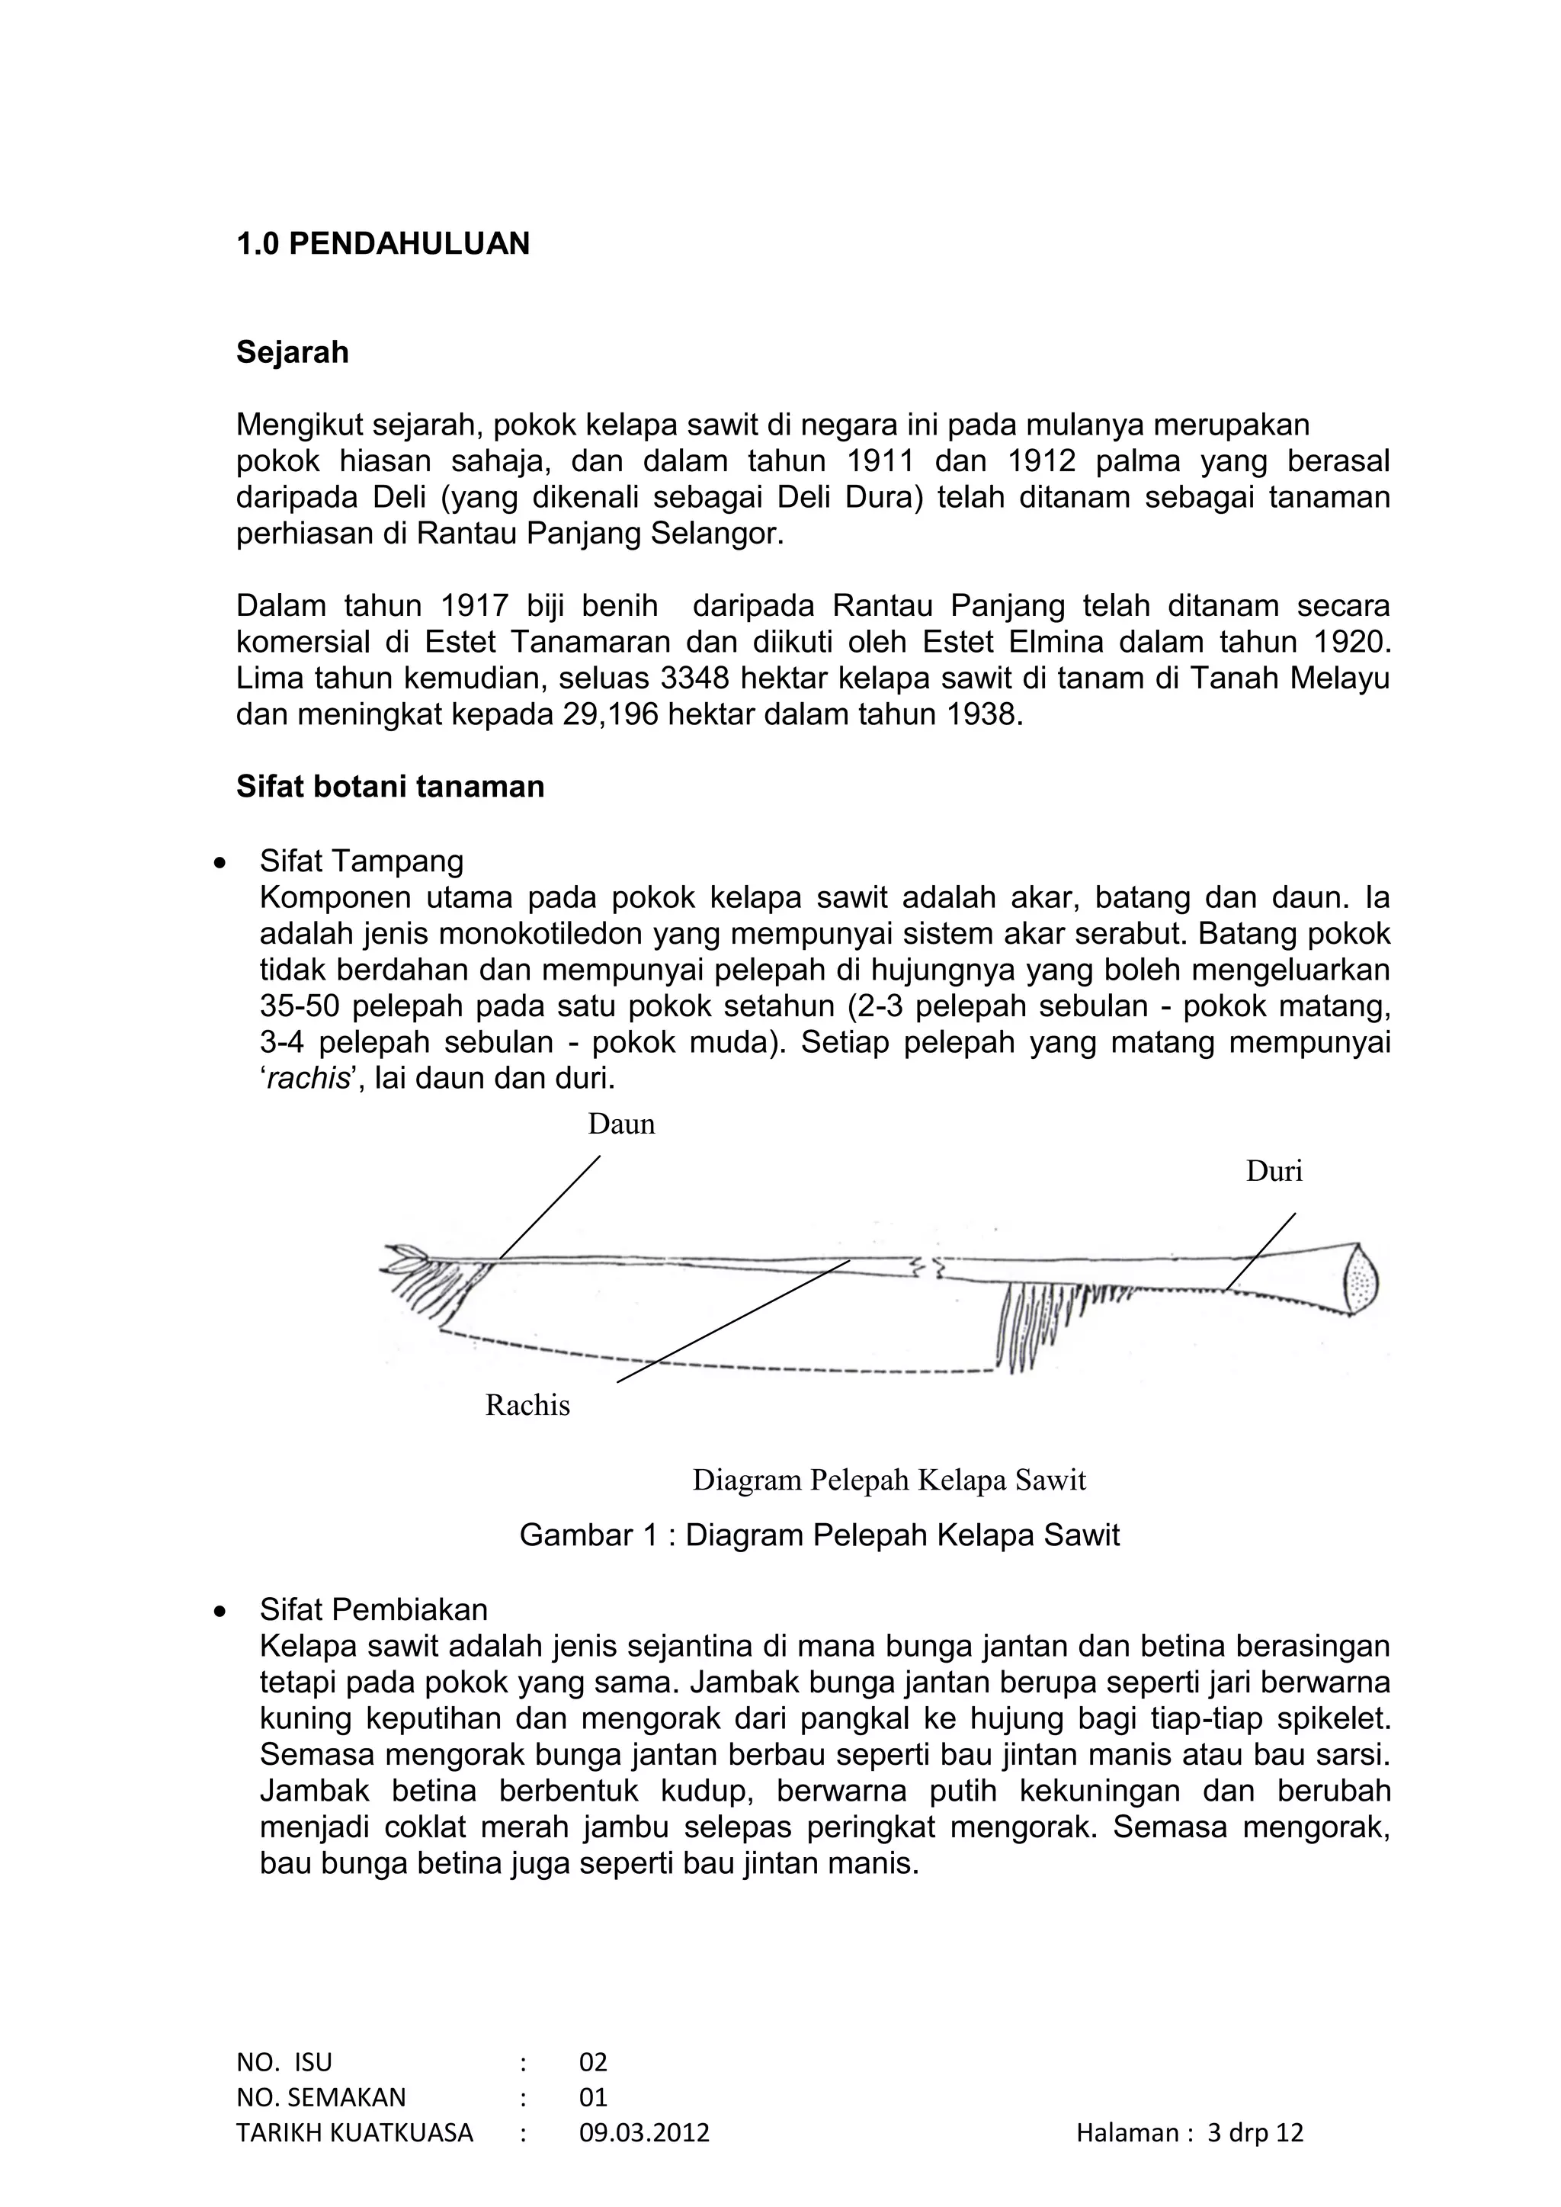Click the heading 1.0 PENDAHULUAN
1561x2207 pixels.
(x=383, y=244)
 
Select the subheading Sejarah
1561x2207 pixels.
(x=292, y=353)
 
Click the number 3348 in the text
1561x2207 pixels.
(x=695, y=678)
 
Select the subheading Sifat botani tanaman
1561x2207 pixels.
(x=390, y=786)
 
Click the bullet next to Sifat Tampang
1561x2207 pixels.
(x=221, y=863)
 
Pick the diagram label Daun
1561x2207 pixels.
(x=621, y=1124)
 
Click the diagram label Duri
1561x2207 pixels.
(x=1274, y=1171)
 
